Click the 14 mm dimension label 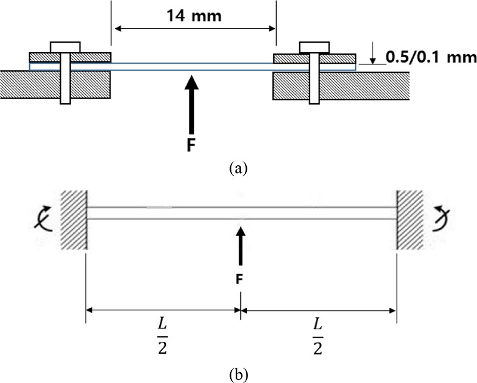(193, 16)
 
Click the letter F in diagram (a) (190, 144)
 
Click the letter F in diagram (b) (240, 277)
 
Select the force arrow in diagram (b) (240, 248)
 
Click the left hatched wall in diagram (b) (73, 219)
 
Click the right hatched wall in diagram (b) (410, 219)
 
